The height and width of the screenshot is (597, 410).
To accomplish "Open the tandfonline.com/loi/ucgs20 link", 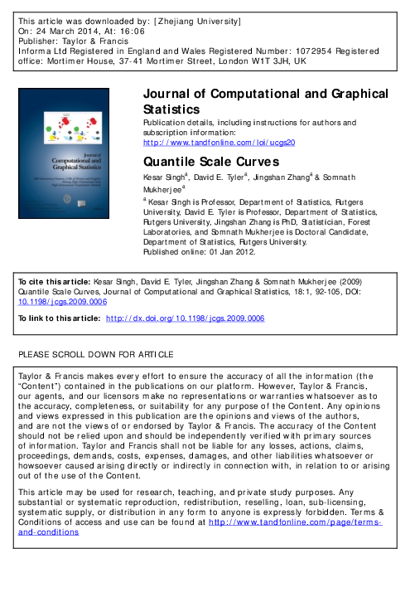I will click(x=219, y=142).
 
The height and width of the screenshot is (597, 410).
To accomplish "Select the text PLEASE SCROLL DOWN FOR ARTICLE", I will click(x=96, y=355).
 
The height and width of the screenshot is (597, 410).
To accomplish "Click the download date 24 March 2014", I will click(x=66, y=29).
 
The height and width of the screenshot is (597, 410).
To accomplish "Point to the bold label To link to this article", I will click(x=58, y=318).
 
